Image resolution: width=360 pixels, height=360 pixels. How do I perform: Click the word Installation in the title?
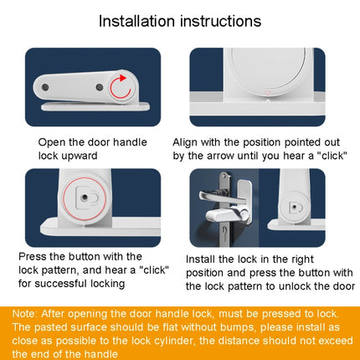click(140, 20)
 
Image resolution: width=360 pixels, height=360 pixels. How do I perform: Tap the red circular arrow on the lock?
click(122, 85)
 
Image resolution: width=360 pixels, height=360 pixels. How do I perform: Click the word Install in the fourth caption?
click(204, 260)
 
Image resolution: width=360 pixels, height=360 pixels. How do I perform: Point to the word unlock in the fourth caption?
click(301, 285)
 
